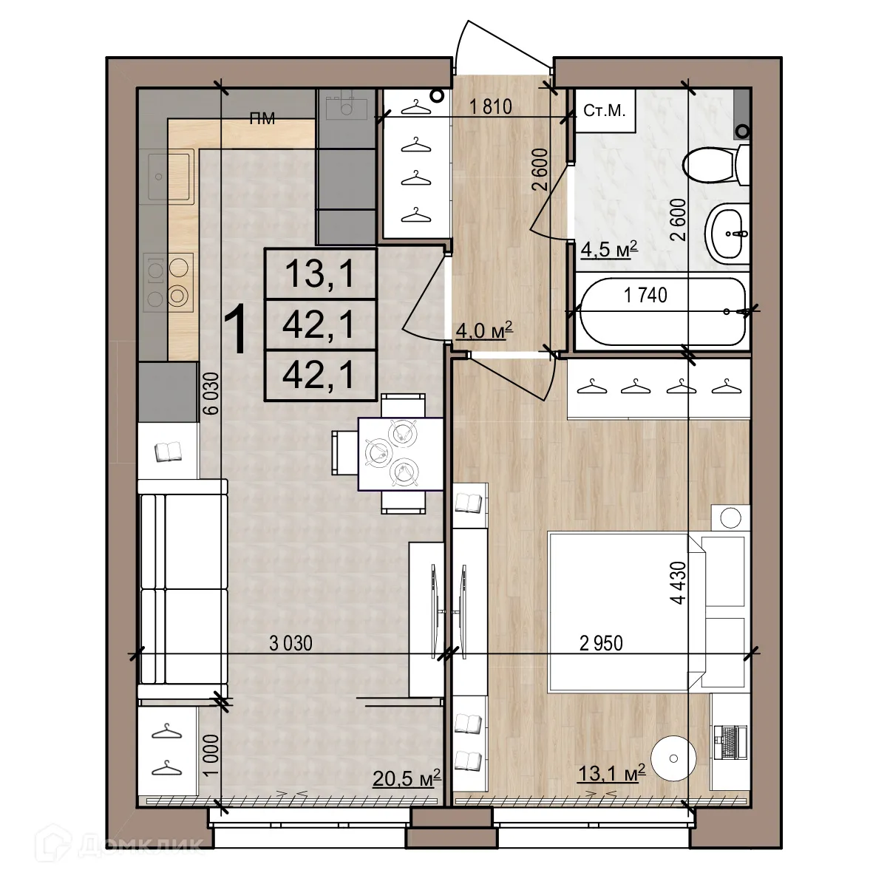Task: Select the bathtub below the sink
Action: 661,312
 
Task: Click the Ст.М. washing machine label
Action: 604,112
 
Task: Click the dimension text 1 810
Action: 491,107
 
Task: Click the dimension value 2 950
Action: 601,644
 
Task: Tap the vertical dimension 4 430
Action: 678,584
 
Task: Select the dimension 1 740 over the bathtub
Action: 645,296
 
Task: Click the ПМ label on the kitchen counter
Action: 262,118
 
